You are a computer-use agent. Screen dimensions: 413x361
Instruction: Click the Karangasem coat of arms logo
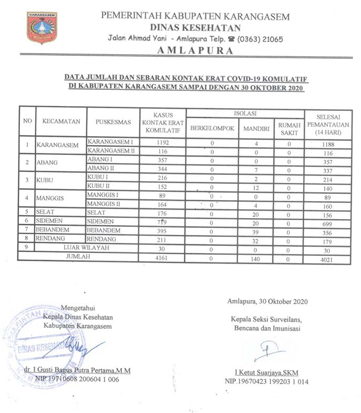coord(42,28)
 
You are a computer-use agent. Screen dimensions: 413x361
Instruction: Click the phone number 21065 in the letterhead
coord(271,39)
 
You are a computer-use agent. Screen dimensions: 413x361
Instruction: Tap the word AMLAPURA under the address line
coord(195,50)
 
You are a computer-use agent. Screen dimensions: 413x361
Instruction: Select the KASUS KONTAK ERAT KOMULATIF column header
coord(163,122)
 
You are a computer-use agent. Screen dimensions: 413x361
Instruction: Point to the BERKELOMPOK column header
coord(212,128)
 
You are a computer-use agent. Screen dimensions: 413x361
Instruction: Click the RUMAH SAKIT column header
coord(289,128)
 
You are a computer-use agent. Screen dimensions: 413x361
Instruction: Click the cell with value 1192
coord(163,142)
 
